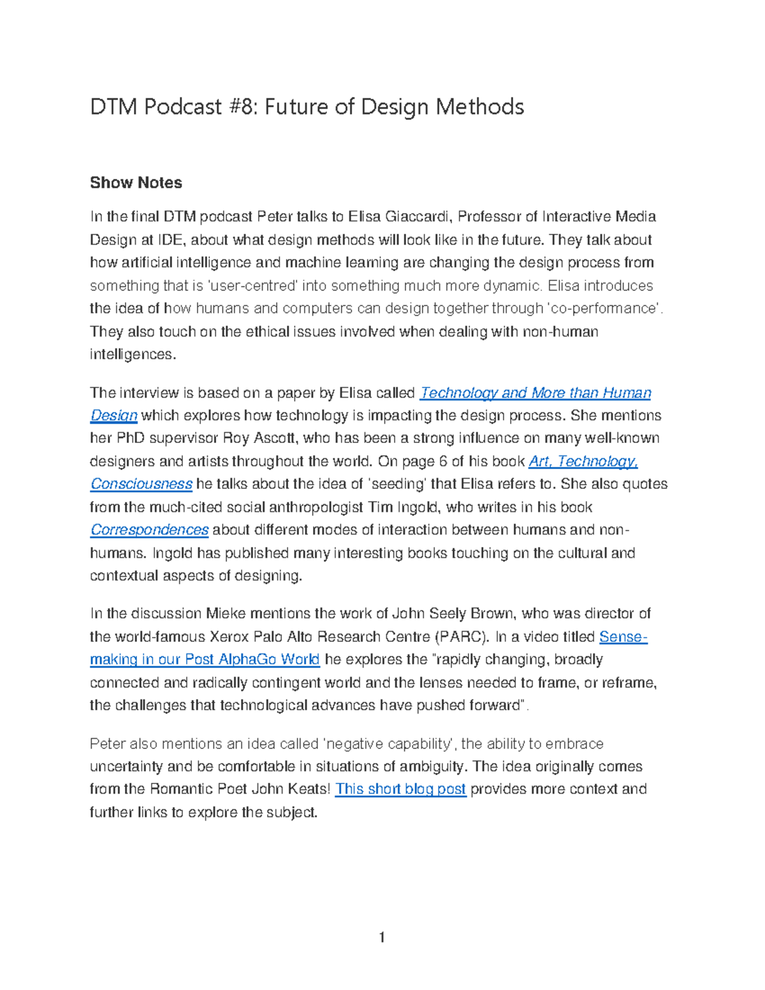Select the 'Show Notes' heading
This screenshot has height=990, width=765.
pyautogui.click(x=136, y=183)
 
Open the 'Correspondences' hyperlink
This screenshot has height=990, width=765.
pyautogui.click(x=149, y=530)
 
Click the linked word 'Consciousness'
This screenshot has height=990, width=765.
pyautogui.click(x=141, y=484)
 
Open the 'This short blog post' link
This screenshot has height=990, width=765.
pyautogui.click(x=400, y=789)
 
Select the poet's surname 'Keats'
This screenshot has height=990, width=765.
pyautogui.click(x=309, y=789)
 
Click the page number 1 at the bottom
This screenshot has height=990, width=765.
pyautogui.click(x=382, y=937)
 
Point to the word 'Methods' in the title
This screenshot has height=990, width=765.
pyautogui.click(x=479, y=106)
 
